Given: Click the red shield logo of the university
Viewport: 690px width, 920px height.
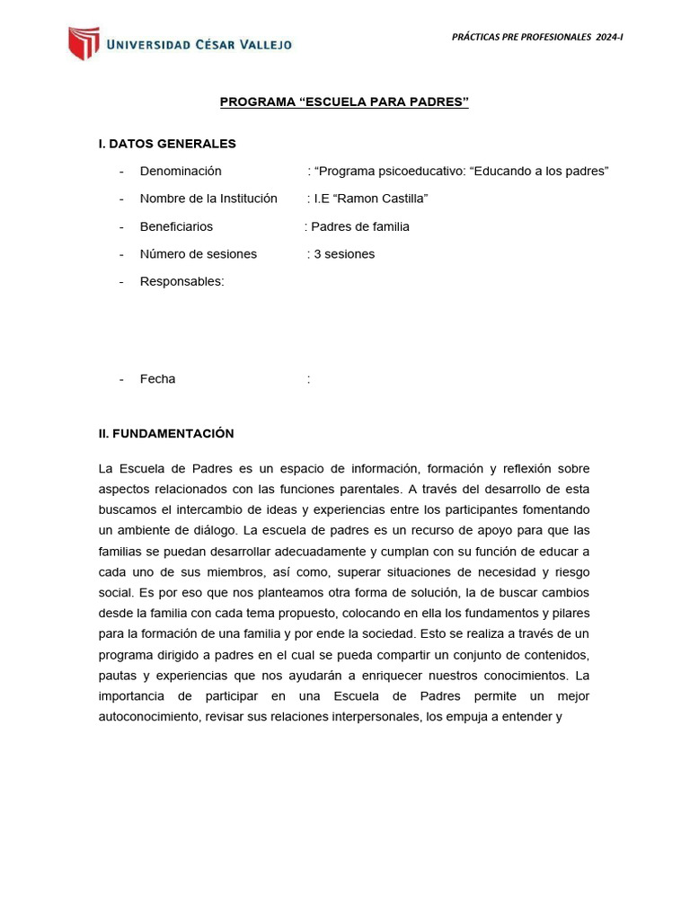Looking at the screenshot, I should tap(84, 43).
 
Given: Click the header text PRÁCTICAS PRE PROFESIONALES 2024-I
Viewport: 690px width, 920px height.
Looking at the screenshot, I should tap(537, 36).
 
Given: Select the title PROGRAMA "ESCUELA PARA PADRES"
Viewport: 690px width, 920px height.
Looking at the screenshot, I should tap(345, 102).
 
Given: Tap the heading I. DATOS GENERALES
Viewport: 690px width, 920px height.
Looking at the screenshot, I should tap(167, 144).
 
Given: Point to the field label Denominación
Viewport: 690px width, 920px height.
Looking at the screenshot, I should tap(181, 172).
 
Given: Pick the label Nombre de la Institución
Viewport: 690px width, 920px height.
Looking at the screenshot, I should tap(208, 199).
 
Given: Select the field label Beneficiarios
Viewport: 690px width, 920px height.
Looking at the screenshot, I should tap(176, 226).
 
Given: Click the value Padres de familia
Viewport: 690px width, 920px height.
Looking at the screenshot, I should tap(359, 226).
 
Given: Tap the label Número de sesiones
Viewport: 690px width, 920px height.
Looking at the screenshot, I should tap(199, 254).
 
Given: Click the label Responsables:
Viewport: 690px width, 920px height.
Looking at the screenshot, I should tap(182, 281).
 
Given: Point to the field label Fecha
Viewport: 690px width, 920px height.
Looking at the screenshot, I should tap(158, 379).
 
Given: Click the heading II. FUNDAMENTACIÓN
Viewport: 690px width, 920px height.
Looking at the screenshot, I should tap(166, 434).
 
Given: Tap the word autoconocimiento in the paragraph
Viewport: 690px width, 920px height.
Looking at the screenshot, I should tap(150, 718).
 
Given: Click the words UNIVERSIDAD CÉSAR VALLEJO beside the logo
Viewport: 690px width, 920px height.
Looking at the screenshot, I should tap(199, 44).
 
